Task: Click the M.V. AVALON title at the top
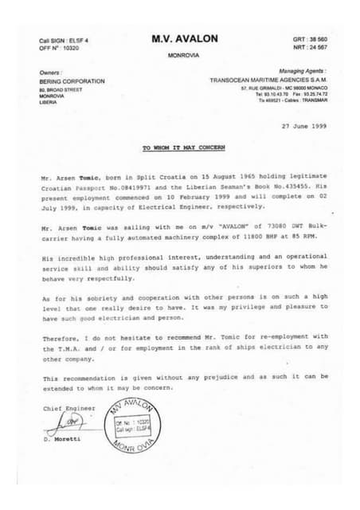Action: [x=185, y=38]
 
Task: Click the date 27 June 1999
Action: [x=303, y=126]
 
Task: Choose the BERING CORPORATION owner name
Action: [x=72, y=81]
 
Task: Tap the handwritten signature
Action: [x=74, y=422]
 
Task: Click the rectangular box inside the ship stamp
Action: [x=126, y=425]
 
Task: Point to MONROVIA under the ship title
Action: [x=184, y=55]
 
